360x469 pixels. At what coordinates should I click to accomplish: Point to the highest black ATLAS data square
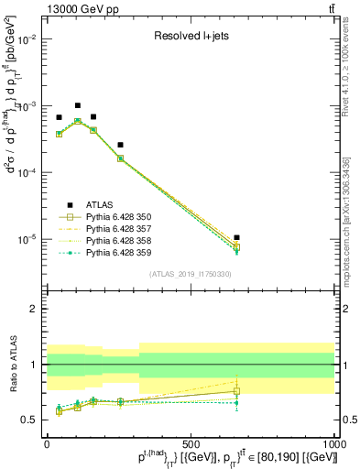click(78, 105)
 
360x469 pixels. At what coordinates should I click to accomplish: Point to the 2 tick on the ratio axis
click(35, 309)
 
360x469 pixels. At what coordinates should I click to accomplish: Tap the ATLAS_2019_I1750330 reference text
click(189, 273)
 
